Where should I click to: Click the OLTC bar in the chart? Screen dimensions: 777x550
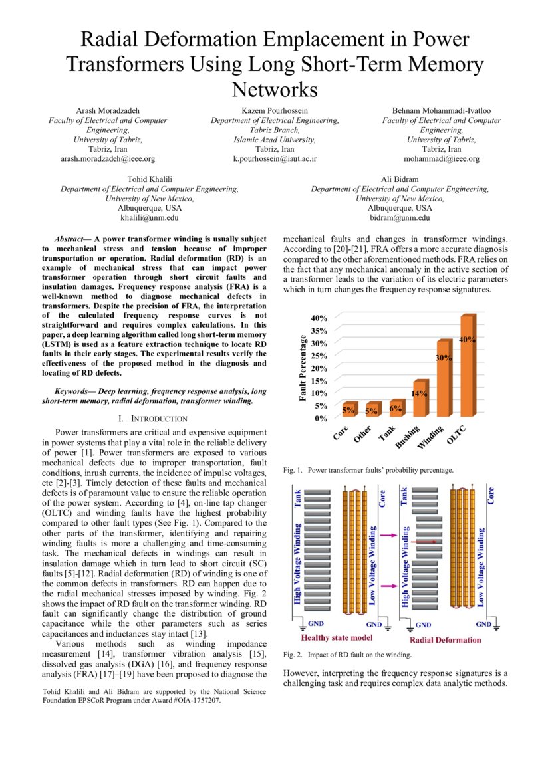click(x=468, y=369)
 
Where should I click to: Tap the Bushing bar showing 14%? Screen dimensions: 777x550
click(x=420, y=399)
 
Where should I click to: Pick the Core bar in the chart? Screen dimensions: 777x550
click(x=348, y=411)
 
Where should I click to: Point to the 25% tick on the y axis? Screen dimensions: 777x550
click(x=319, y=356)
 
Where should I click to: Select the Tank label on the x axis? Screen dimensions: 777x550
click(x=387, y=434)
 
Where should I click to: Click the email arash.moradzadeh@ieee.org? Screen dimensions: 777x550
click(x=108, y=159)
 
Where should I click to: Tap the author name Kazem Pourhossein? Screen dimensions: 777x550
click(x=275, y=110)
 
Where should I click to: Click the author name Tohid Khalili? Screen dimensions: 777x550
click(x=149, y=179)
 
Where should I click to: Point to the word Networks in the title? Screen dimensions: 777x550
click(x=275, y=89)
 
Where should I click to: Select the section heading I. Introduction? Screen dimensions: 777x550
click(x=152, y=419)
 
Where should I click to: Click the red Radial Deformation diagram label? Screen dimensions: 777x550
click(x=444, y=640)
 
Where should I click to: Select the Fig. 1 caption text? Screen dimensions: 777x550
click(x=368, y=470)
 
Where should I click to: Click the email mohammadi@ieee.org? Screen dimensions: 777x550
click(x=441, y=159)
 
